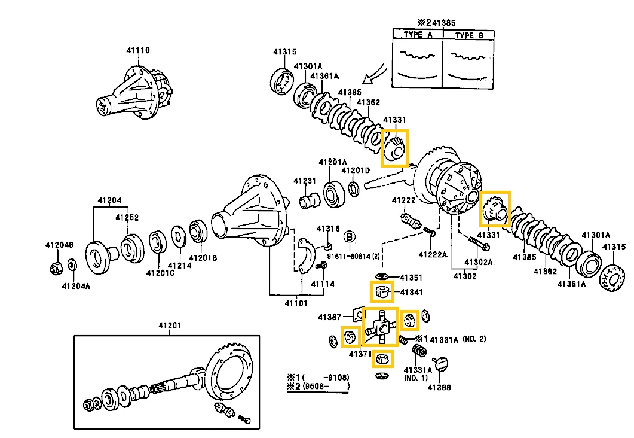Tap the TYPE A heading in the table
[417, 35]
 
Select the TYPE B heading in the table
[469, 35]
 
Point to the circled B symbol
[350, 236]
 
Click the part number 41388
[439, 387]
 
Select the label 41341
[411, 293]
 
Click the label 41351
[411, 278]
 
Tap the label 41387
[329, 317]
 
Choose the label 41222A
[433, 254]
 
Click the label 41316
[328, 229]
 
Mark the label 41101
[296, 303]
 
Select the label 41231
[305, 181]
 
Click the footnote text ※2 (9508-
[317, 387]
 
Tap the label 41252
[127, 217]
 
